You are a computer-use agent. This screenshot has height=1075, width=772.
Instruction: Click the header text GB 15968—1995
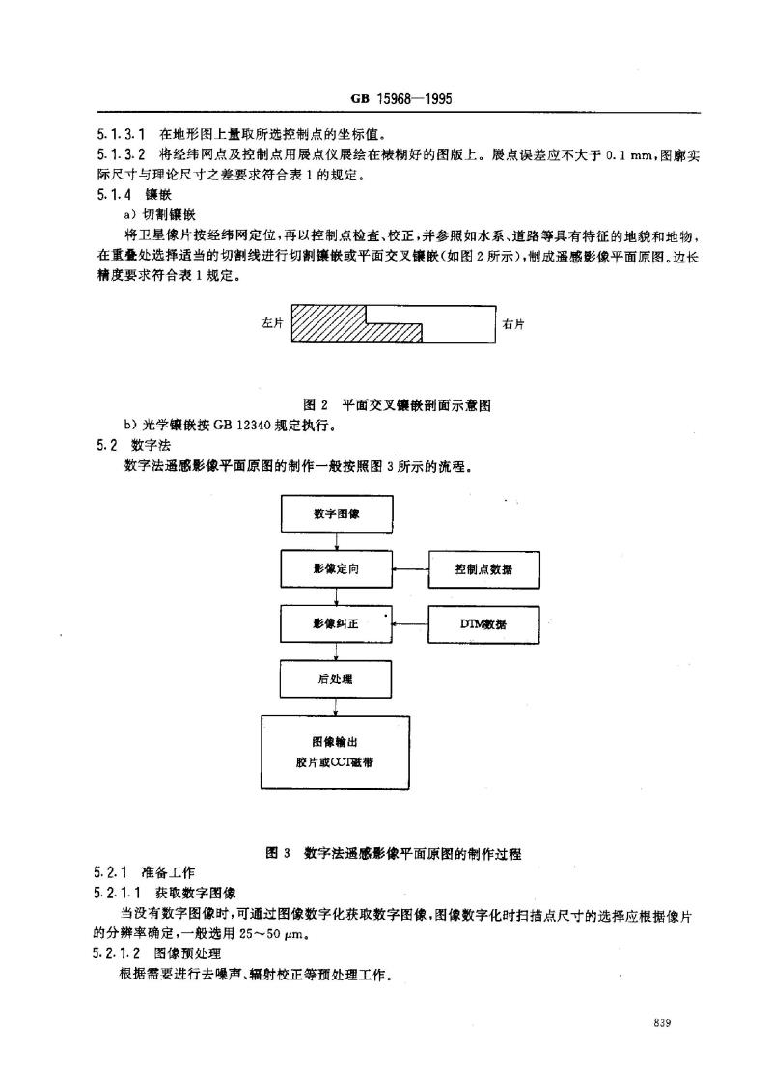pyautogui.click(x=401, y=98)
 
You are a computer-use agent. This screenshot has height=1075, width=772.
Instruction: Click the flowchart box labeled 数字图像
pyautogui.click(x=337, y=513)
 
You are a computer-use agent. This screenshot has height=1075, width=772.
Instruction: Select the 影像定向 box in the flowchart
pyautogui.click(x=336, y=569)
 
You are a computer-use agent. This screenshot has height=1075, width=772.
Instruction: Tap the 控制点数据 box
pyautogui.click(x=484, y=569)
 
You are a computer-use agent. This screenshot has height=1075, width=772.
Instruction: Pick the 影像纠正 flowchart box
pyautogui.click(x=336, y=624)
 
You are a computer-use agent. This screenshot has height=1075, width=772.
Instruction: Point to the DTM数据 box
pyautogui.click(x=484, y=624)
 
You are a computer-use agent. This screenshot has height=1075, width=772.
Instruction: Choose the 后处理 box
pyautogui.click(x=335, y=679)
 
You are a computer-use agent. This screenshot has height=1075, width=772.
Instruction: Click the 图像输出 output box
pyautogui.click(x=335, y=753)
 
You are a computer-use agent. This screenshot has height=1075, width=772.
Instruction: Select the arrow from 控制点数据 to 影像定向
pyautogui.click(x=411, y=569)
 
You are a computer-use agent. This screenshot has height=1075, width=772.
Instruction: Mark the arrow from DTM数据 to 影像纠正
pyautogui.click(x=411, y=624)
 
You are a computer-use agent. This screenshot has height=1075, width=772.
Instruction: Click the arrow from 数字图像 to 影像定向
pyautogui.click(x=336, y=541)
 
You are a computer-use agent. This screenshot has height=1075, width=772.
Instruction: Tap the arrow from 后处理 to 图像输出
pyautogui.click(x=335, y=706)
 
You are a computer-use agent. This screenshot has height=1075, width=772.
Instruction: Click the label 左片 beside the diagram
pyautogui.click(x=272, y=323)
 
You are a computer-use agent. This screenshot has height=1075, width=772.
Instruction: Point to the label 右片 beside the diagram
pyautogui.click(x=512, y=324)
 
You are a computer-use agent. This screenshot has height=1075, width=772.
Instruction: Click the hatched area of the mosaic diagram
pyautogui.click(x=329, y=323)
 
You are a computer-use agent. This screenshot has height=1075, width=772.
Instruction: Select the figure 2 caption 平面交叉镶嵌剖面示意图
pyautogui.click(x=417, y=405)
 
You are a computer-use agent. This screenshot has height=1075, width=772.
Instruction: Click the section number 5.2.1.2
pyautogui.click(x=117, y=953)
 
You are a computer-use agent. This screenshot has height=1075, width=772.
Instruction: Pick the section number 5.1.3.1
pyautogui.click(x=121, y=134)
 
